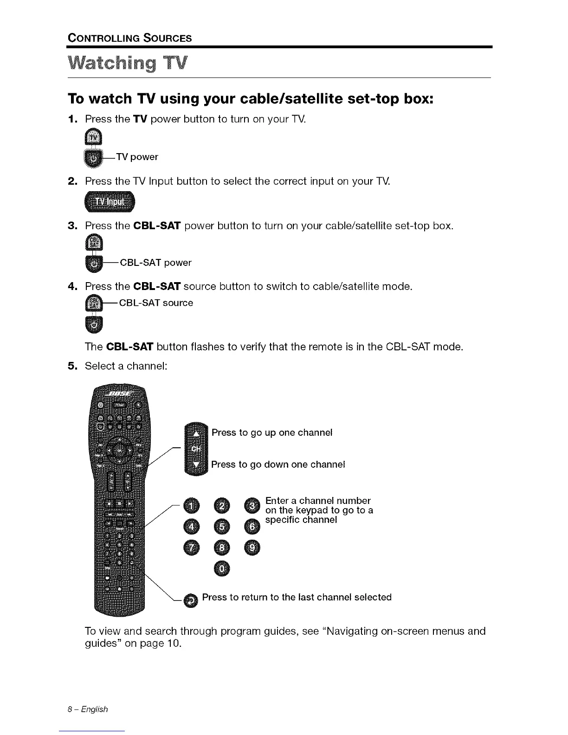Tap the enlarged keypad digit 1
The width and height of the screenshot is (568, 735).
tap(193, 505)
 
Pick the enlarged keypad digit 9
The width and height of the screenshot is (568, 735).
tap(254, 548)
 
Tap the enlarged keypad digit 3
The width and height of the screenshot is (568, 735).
tap(254, 505)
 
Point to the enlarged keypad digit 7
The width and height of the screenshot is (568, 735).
tap(193, 548)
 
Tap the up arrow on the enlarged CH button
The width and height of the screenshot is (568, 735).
tap(196, 433)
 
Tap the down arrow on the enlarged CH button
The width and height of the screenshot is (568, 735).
tap(196, 464)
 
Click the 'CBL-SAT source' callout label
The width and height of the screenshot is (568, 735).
tap(156, 303)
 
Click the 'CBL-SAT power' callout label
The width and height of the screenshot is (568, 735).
tap(155, 263)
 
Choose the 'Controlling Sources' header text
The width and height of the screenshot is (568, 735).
tap(129, 38)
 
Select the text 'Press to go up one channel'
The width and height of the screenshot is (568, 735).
tap(272, 432)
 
